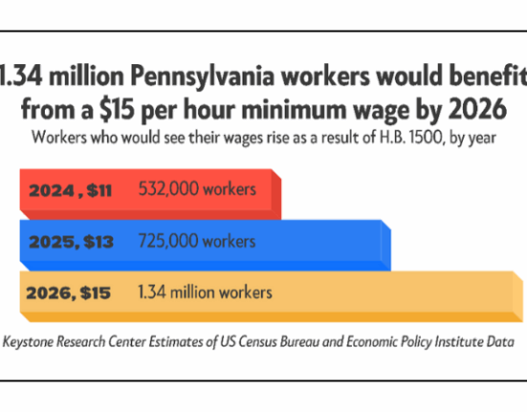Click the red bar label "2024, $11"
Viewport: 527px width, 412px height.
[x=70, y=191]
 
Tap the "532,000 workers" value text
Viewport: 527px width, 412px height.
[x=197, y=188]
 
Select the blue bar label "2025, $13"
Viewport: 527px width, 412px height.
[x=71, y=242]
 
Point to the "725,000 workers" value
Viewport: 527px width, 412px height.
[x=197, y=241]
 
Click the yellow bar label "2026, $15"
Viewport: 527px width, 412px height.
[x=68, y=293]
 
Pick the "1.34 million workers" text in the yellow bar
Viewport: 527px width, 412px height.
[x=205, y=293]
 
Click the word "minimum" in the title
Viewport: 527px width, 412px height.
[x=294, y=110]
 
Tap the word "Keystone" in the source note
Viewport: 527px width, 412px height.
[x=28, y=342]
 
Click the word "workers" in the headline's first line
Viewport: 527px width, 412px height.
[x=326, y=76]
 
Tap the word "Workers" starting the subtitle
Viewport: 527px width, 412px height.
[x=59, y=138]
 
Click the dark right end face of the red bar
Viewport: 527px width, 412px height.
[x=276, y=195]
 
